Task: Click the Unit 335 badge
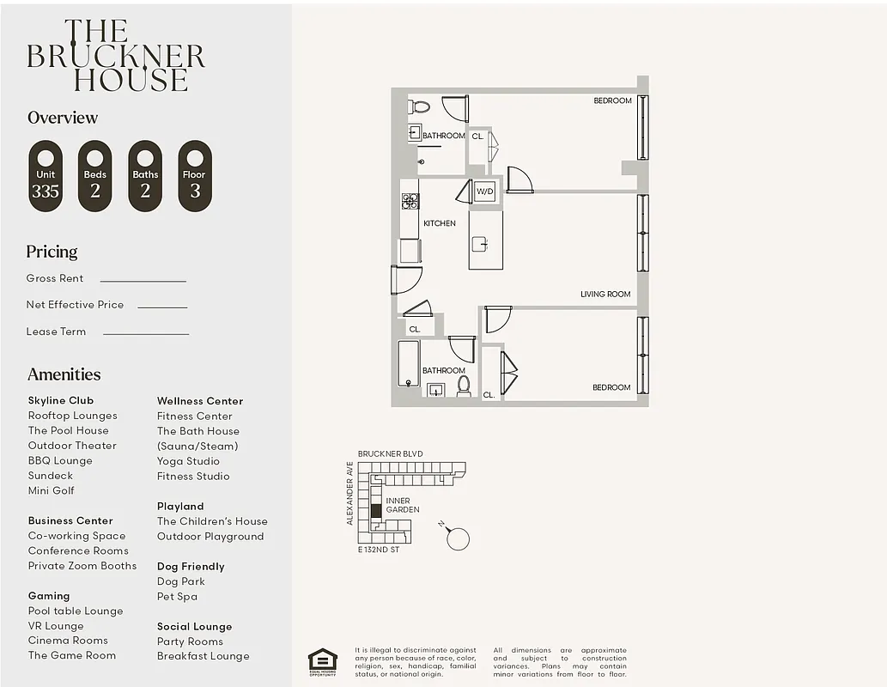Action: pos(46,176)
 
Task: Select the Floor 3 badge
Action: pos(195,176)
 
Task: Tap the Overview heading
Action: pos(63,118)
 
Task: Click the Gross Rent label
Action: pos(55,278)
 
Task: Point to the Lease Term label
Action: pos(56,331)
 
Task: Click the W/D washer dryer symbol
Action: pos(484,192)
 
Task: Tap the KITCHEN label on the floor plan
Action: pos(440,223)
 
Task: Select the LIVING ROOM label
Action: pos(605,294)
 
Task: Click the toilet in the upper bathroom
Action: pos(420,107)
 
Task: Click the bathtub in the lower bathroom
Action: pos(409,363)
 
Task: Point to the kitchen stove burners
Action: pos(410,201)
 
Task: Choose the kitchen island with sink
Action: pos(485,240)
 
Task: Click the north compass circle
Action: pos(459,538)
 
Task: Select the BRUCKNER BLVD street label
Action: pos(390,453)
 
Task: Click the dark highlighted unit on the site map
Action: pos(375,511)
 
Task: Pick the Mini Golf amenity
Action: pos(52,490)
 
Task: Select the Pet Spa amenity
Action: pos(177,596)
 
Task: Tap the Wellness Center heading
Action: pos(200,401)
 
